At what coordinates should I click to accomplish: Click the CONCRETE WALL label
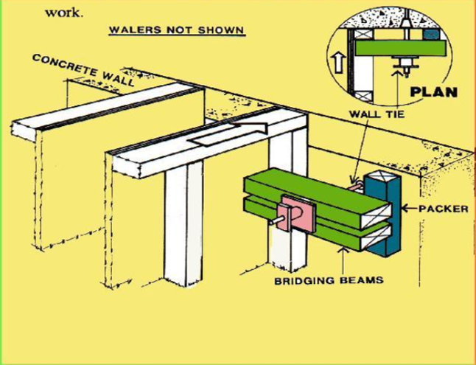(83, 70)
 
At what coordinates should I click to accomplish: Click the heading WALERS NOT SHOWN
(176, 31)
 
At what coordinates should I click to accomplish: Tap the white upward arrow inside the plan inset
(339, 62)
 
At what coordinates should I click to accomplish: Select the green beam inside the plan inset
(402, 49)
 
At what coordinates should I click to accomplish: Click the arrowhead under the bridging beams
(340, 254)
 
